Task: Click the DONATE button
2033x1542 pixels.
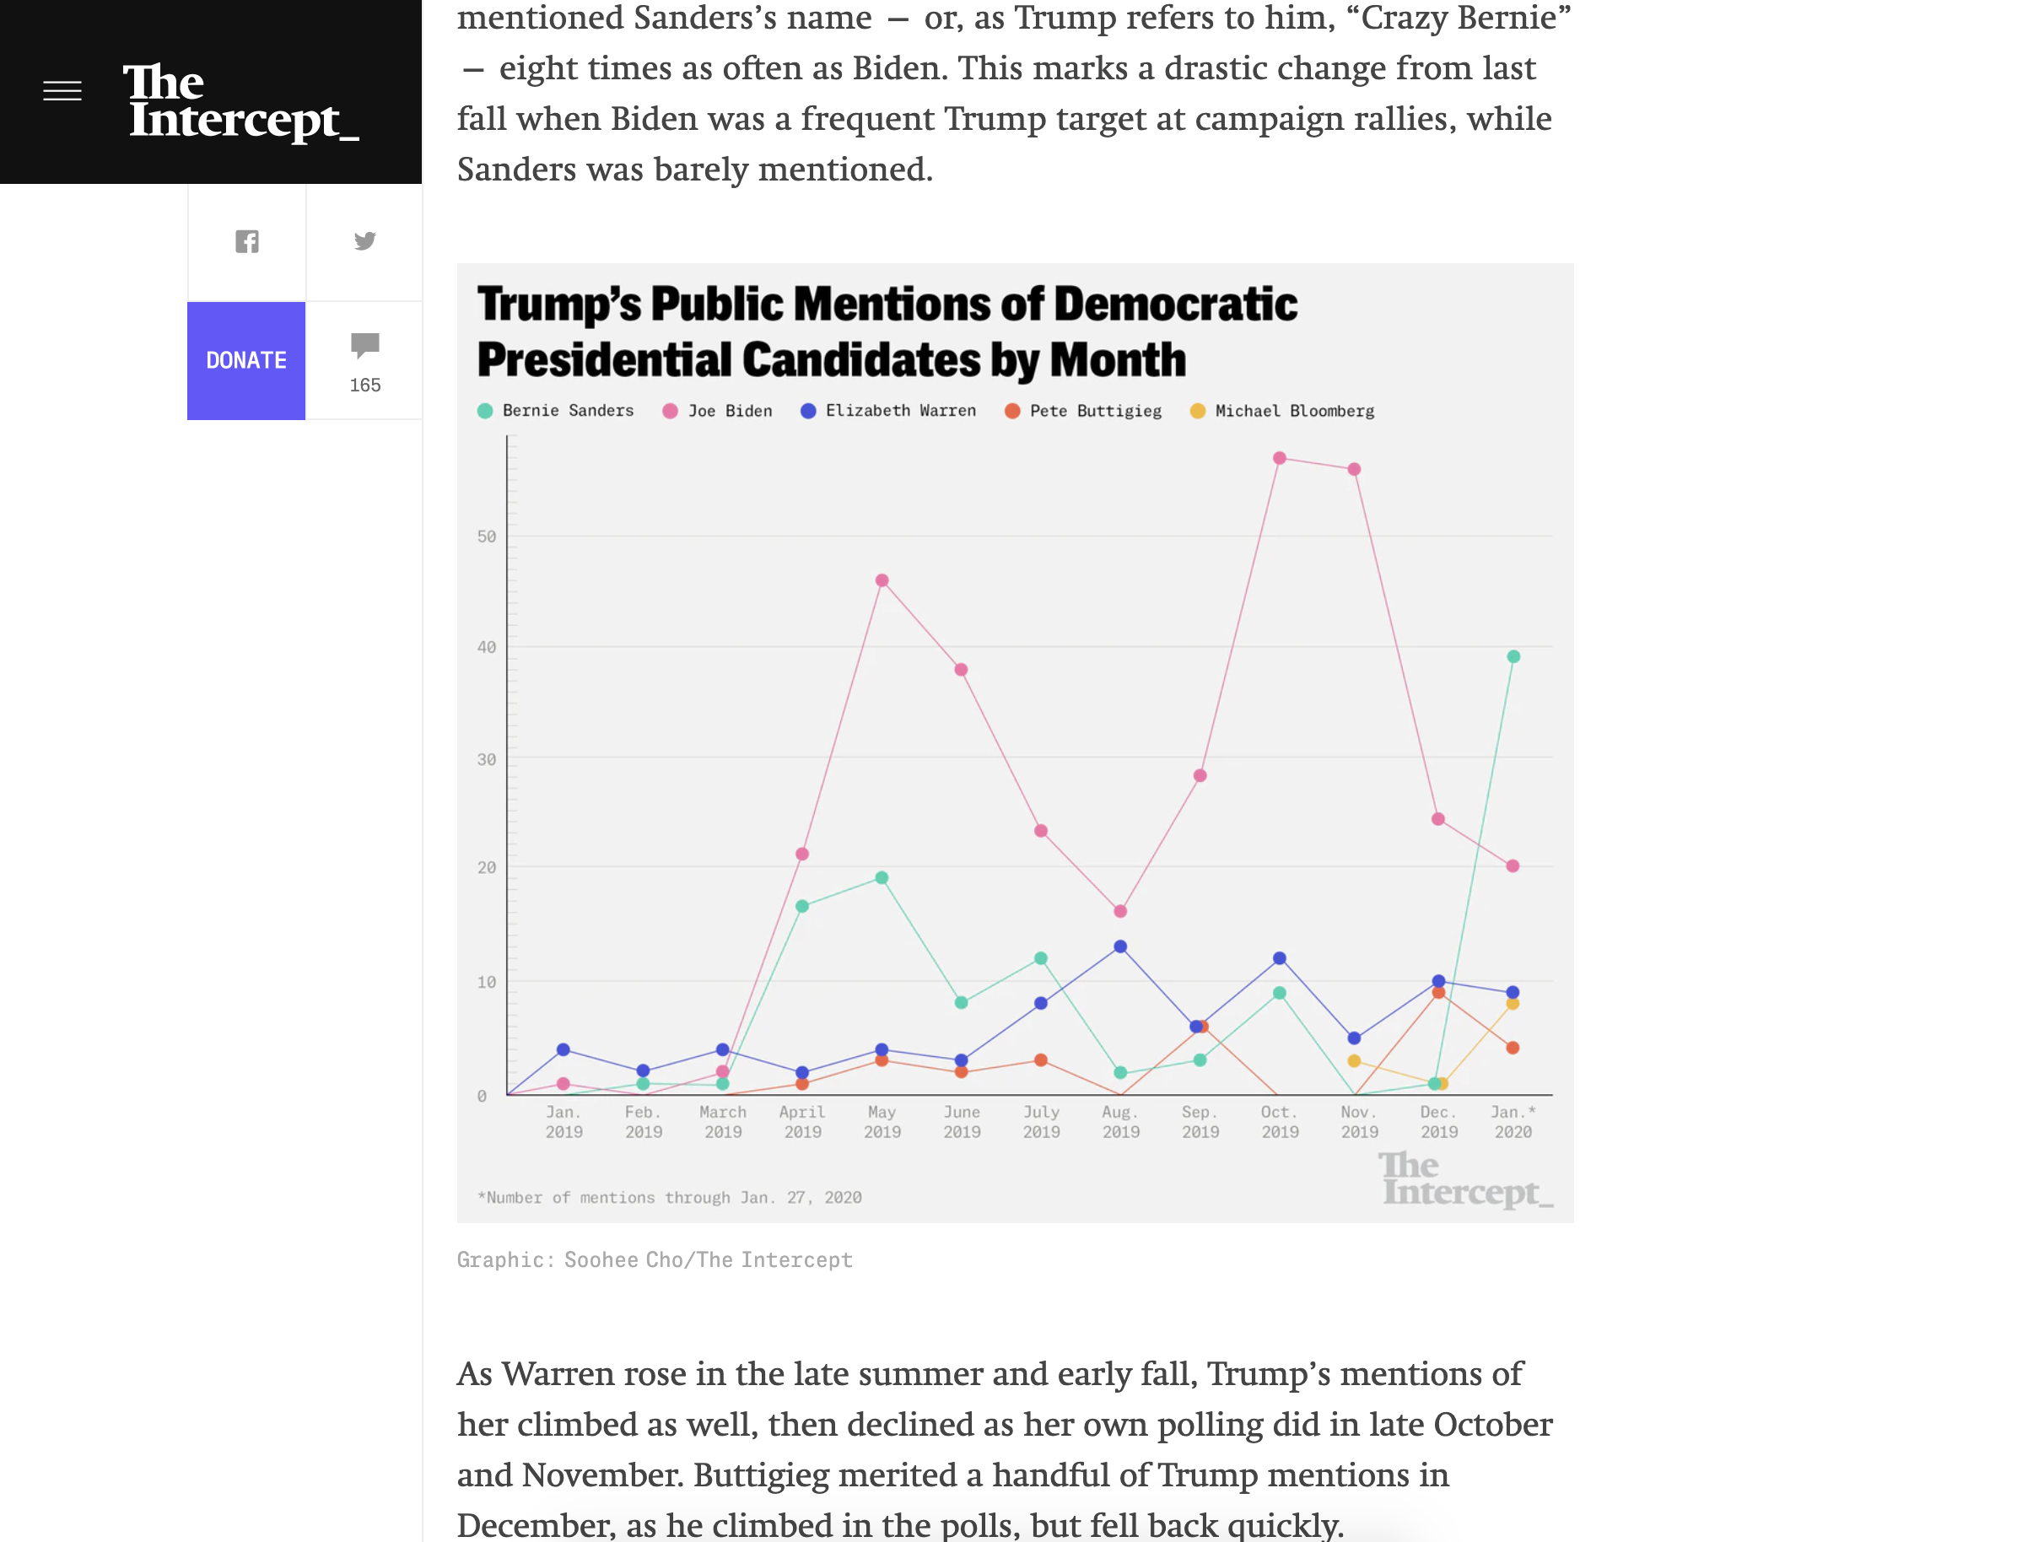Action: click(246, 360)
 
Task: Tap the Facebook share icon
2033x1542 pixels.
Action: click(247, 242)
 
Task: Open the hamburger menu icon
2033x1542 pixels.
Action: click(62, 91)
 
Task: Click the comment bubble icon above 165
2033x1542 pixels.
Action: click(365, 345)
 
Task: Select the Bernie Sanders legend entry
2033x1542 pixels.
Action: click(556, 411)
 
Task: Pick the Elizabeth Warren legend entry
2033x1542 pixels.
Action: click(889, 411)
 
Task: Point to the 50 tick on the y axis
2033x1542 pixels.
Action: click(486, 536)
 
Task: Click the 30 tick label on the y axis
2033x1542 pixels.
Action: click(486, 760)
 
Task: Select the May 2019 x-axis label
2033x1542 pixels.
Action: click(882, 1122)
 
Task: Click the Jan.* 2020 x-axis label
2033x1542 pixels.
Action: click(1513, 1122)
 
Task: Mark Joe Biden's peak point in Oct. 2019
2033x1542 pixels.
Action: click(1280, 458)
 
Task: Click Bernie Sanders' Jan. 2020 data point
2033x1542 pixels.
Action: click(1513, 656)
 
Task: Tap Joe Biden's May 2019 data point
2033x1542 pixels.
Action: click(882, 580)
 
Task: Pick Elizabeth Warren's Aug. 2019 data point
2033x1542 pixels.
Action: click(1120, 946)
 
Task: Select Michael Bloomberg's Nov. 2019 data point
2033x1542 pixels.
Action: click(1354, 1060)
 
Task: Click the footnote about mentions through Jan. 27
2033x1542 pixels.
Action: click(669, 1197)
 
